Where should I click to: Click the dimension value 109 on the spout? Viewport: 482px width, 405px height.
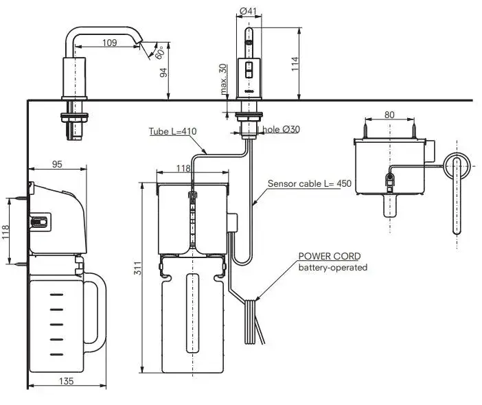108,43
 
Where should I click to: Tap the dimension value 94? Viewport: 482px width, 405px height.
165,73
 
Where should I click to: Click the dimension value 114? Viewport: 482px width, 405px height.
295,63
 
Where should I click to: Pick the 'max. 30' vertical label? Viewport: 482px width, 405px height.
224,79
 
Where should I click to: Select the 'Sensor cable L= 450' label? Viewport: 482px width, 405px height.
309,183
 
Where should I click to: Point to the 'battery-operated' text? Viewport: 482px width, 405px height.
332,267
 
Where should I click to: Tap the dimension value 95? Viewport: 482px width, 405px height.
58,164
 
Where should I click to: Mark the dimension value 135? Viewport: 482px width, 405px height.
67,381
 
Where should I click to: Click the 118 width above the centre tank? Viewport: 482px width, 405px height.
183,168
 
